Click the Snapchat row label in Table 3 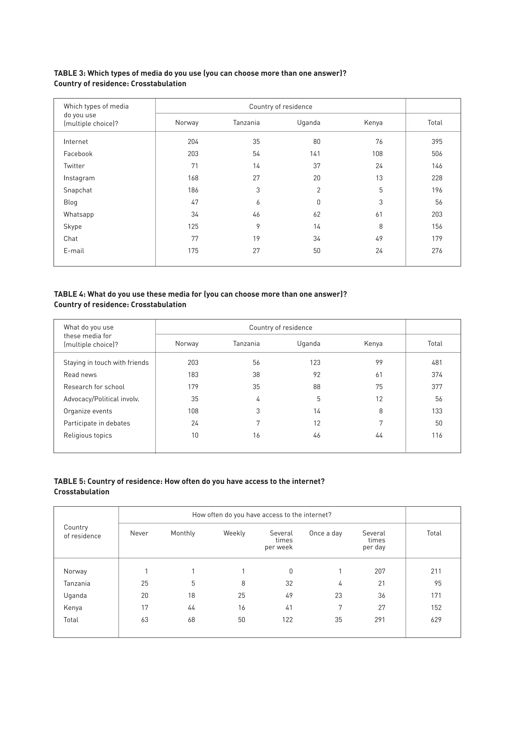(x=78, y=190)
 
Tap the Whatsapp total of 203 (x=437, y=214)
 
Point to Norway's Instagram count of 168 (x=193, y=178)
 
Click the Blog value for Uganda (x=318, y=202)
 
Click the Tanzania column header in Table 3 (x=246, y=123)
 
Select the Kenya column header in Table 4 (x=373, y=344)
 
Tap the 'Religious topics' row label (x=88, y=435)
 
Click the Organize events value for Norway (x=193, y=411)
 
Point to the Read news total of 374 (x=437, y=375)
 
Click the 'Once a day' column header (x=325, y=533)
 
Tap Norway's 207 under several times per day (x=380, y=571)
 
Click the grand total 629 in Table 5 (x=436, y=619)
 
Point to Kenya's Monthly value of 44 (x=191, y=607)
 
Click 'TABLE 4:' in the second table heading (x=70, y=294)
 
